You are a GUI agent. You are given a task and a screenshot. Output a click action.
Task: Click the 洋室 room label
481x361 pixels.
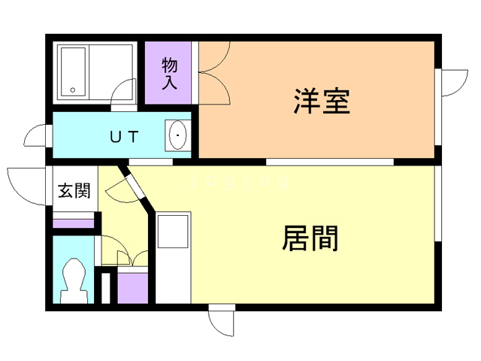click(x=322, y=102)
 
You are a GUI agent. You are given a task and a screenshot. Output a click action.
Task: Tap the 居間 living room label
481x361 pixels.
click(x=310, y=238)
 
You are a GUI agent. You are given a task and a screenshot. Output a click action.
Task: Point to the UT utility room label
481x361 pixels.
click(x=124, y=137)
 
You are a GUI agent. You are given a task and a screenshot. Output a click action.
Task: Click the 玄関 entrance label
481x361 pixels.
click(x=74, y=191)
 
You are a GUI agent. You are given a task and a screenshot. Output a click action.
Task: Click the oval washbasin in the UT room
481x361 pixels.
click(x=178, y=136)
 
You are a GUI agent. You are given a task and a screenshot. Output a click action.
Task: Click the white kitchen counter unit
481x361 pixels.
click(x=174, y=256)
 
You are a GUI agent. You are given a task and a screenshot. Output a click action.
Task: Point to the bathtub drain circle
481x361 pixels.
click(x=74, y=89)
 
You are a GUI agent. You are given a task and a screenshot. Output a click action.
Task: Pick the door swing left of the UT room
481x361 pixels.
click(x=36, y=137)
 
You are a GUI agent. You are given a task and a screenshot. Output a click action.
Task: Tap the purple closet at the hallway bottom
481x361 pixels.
click(x=133, y=287)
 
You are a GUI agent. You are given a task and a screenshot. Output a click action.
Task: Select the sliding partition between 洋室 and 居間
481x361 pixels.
click(x=331, y=161)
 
